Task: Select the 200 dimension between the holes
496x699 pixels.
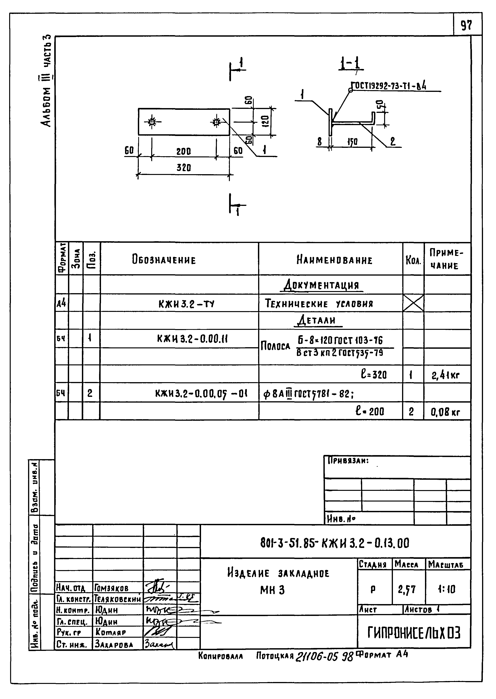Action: (183, 151)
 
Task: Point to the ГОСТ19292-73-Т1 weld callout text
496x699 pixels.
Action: (389, 87)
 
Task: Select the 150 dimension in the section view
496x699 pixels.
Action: (352, 142)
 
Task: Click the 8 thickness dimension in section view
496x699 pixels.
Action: (319, 142)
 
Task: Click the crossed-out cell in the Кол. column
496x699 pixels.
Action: (413, 303)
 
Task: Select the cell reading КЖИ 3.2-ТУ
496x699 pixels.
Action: (186, 304)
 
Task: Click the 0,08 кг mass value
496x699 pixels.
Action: (445, 413)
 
